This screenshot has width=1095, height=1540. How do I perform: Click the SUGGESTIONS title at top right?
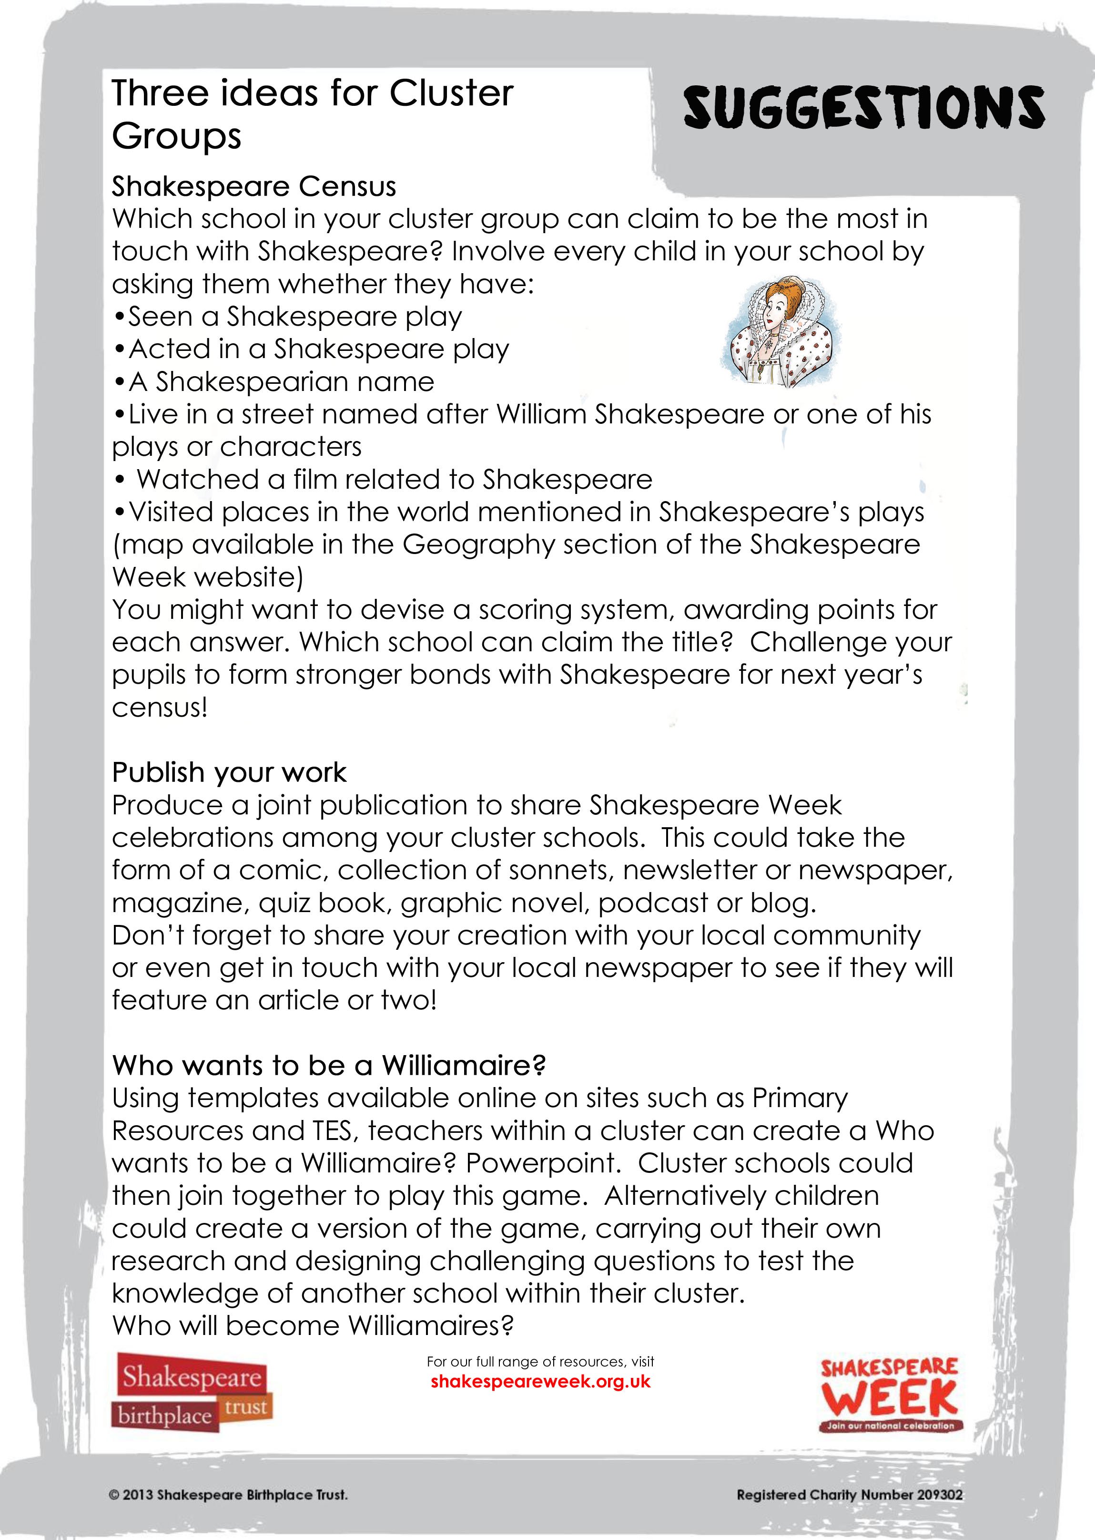tap(864, 108)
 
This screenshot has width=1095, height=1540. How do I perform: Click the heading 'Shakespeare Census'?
tap(253, 186)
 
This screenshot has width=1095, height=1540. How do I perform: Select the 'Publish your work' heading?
tap(229, 772)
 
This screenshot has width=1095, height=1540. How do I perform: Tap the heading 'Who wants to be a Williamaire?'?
tap(328, 1065)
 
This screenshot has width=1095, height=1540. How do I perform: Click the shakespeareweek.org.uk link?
tap(540, 1382)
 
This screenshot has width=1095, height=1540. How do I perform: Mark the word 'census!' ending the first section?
tap(160, 708)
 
